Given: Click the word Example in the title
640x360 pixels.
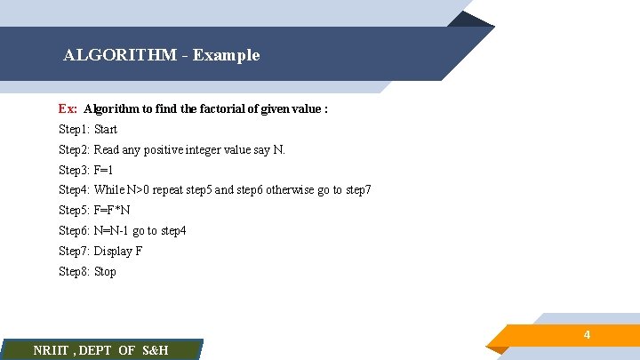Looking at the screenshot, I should (x=226, y=55).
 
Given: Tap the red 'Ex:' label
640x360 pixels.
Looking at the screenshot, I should (x=68, y=109).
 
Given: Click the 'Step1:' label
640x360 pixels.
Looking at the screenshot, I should (x=75, y=130).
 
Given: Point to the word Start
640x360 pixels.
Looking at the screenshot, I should (x=106, y=130).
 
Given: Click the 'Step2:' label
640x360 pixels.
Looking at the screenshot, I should (x=75, y=150).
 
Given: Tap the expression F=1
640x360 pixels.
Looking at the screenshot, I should (x=104, y=171).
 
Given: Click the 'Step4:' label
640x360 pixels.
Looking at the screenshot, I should (x=75, y=190).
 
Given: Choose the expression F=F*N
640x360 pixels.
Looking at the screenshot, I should (x=112, y=211).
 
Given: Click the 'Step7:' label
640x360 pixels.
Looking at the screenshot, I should (x=75, y=252).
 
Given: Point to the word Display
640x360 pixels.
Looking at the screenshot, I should (x=113, y=252).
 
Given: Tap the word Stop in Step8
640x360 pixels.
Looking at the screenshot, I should (x=105, y=272).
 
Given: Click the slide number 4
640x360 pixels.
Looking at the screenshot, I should (x=587, y=335).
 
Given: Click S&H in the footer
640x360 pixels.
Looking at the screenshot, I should (x=155, y=350).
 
